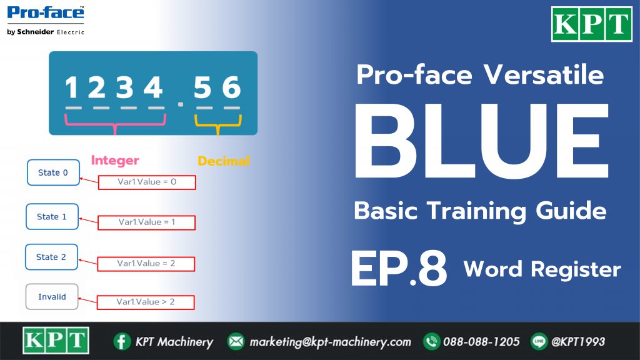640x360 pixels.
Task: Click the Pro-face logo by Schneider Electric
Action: click(x=46, y=21)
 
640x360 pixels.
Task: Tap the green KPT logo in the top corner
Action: click(x=591, y=24)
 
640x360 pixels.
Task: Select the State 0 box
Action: click(x=54, y=172)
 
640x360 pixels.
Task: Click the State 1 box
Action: click(x=52, y=217)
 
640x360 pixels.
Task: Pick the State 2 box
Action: click(x=51, y=257)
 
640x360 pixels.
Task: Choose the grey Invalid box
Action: click(x=52, y=297)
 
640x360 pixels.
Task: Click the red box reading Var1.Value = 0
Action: click(x=147, y=182)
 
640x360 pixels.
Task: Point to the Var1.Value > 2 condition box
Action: click(x=146, y=302)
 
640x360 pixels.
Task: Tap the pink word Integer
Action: click(x=115, y=161)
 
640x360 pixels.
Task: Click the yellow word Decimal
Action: click(x=224, y=161)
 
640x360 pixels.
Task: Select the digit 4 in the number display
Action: click(x=153, y=87)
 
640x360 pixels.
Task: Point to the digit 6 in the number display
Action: click(x=231, y=87)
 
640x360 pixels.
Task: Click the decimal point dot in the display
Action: click(x=181, y=104)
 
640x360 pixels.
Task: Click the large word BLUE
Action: click(x=482, y=141)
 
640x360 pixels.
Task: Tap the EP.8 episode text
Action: click(x=399, y=269)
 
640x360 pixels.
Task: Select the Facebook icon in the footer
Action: click(x=122, y=342)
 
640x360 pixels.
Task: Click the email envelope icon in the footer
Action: click(x=236, y=342)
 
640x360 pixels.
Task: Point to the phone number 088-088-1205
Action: click(x=481, y=342)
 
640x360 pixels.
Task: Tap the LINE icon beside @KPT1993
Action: click(x=539, y=342)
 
